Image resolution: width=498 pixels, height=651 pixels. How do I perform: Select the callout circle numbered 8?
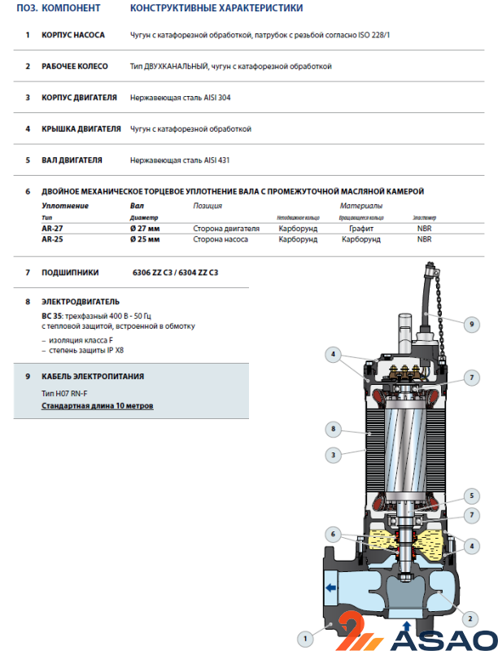332,428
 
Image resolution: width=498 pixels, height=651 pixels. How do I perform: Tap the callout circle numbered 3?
332,455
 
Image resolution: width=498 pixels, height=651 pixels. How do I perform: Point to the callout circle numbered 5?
471,496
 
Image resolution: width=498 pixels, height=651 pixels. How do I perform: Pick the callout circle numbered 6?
332,534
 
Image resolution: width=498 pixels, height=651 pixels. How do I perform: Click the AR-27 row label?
52,229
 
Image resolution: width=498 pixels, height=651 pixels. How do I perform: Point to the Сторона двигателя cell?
226,229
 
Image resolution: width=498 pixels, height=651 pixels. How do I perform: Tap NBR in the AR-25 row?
424,240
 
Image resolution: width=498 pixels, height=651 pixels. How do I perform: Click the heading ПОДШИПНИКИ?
70,273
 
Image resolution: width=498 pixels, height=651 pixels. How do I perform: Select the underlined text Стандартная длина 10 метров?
97,405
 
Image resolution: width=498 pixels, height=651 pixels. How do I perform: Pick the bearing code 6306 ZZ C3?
154,273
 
